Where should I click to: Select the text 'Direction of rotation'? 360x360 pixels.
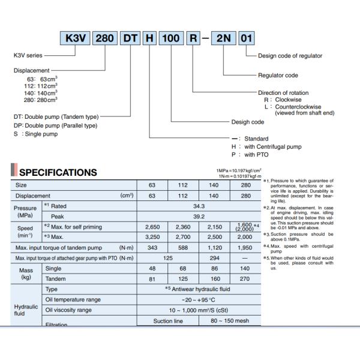pos(284,93)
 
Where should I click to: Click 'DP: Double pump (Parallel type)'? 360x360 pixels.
pos(55,125)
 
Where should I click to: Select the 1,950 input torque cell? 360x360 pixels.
pos(246,247)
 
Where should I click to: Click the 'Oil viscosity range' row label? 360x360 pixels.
pos(68,310)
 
